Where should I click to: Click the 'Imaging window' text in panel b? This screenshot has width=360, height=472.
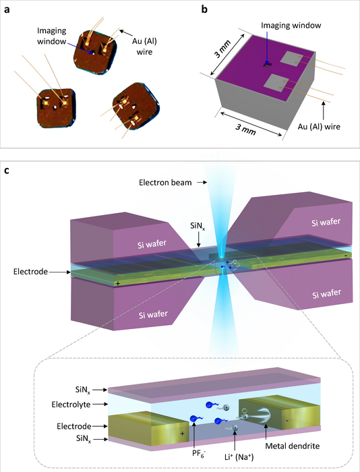pyautogui.click(x=289, y=26)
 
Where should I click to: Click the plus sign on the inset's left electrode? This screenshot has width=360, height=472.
pyautogui.click(x=182, y=434)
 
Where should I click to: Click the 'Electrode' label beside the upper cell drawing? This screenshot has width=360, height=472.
pyautogui.click(x=30, y=272)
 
